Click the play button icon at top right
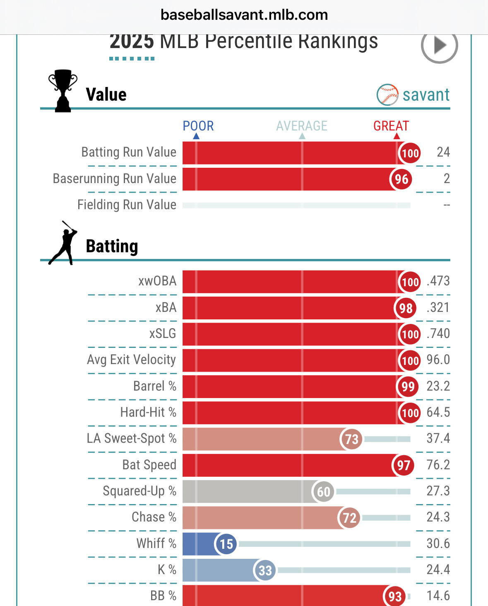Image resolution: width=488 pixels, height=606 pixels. [x=439, y=45]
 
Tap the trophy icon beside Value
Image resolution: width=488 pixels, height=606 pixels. [x=63, y=91]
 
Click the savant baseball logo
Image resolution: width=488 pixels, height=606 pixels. [x=387, y=95]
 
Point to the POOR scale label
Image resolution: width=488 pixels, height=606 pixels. [x=198, y=126]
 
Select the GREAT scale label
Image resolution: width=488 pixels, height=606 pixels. [x=391, y=126]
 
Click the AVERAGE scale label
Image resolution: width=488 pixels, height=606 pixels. [x=302, y=126]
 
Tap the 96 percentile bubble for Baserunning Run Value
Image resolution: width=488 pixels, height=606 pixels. [x=401, y=179]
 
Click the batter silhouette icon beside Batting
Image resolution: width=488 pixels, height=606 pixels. [x=63, y=243]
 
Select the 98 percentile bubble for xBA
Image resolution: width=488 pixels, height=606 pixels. [x=406, y=308]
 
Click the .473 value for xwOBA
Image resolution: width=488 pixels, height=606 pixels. [x=438, y=281]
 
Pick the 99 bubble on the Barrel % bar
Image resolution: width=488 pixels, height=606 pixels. [x=408, y=386]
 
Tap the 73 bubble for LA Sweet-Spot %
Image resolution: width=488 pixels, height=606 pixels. [x=351, y=439]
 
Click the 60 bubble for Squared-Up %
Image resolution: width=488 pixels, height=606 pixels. [x=323, y=492]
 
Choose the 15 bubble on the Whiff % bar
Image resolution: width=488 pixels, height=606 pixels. [x=226, y=544]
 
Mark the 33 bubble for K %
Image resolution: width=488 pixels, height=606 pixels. [x=265, y=570]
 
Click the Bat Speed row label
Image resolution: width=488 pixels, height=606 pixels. [x=149, y=465]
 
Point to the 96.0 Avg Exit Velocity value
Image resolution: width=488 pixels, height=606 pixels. [x=438, y=360]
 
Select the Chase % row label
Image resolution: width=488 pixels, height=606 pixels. [x=154, y=517]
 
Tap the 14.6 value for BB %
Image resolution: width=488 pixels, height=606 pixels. [x=438, y=596]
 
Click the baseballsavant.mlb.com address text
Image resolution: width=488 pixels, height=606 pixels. [x=244, y=15]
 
